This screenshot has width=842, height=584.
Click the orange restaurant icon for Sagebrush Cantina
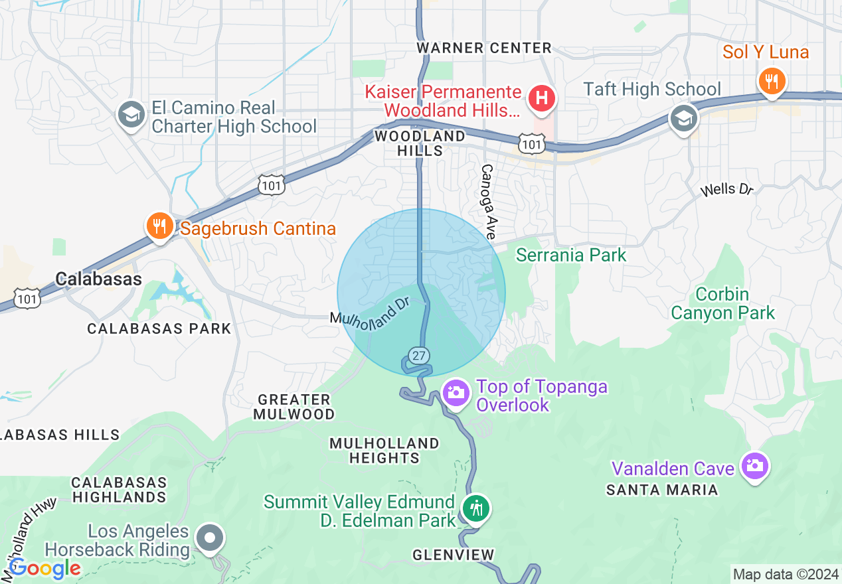pyautogui.click(x=159, y=226)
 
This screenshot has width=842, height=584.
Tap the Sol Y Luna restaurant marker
pyautogui.click(x=771, y=81)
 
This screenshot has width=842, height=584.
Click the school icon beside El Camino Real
pyautogui.click(x=131, y=115)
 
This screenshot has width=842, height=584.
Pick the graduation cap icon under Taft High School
pyautogui.click(x=684, y=119)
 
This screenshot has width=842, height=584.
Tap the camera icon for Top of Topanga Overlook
pyautogui.click(x=456, y=392)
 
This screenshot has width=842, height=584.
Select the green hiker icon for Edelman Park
pyautogui.click(x=475, y=509)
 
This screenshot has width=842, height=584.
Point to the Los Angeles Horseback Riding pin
pyautogui.click(x=210, y=538)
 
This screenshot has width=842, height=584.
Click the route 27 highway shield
pyautogui.click(x=418, y=356)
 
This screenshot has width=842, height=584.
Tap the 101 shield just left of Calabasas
pyautogui.click(x=29, y=299)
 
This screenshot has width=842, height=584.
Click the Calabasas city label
pyautogui.click(x=98, y=279)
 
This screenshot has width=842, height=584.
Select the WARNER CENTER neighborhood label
pyautogui.click(x=484, y=48)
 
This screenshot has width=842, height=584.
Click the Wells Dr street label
pyautogui.click(x=727, y=190)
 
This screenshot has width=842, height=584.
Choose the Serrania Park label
pyautogui.click(x=571, y=255)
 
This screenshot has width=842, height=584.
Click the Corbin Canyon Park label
pyautogui.click(x=722, y=303)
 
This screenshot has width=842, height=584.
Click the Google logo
pyautogui.click(x=44, y=569)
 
